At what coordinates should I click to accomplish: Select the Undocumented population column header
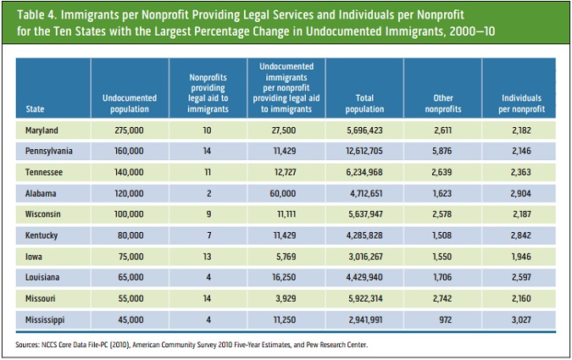click(129, 104)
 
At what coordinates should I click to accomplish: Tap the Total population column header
click(365, 104)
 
